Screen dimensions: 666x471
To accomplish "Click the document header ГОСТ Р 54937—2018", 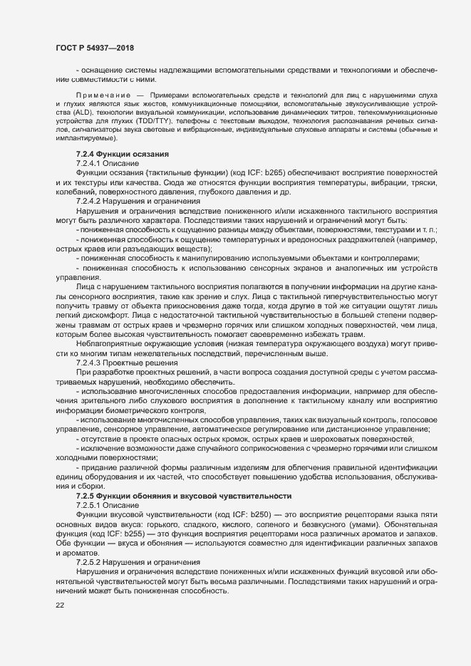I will point(95,47).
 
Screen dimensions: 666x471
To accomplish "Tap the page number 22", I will point(60,605).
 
